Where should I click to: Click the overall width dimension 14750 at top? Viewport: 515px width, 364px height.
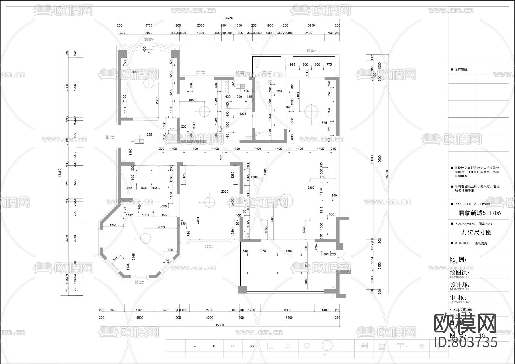(x=228, y=18)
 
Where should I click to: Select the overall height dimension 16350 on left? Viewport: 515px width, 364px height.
(x=60, y=172)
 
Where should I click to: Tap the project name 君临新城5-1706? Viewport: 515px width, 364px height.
(x=480, y=213)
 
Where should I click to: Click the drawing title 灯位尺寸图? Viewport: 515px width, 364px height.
(x=477, y=232)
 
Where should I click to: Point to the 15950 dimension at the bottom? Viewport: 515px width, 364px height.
(x=219, y=325)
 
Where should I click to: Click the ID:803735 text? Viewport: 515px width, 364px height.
(x=466, y=342)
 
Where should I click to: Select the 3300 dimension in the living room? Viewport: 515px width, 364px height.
(x=311, y=188)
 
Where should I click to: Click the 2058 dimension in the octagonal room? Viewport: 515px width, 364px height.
(x=161, y=227)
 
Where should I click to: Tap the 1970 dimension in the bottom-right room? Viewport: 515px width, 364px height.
(x=262, y=251)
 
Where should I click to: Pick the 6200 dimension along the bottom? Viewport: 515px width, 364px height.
(x=289, y=318)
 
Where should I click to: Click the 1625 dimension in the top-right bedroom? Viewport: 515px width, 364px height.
(x=323, y=123)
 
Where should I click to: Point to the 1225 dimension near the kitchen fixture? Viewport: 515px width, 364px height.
(x=148, y=134)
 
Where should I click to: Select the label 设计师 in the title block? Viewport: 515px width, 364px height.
(x=460, y=285)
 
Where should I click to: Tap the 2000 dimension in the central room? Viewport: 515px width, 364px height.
(x=225, y=191)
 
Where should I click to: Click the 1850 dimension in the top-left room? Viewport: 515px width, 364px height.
(x=134, y=72)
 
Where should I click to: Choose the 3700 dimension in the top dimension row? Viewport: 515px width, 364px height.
(x=149, y=25)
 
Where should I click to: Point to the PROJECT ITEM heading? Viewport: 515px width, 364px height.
(x=465, y=204)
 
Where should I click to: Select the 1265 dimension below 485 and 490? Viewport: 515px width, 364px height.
(x=243, y=114)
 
